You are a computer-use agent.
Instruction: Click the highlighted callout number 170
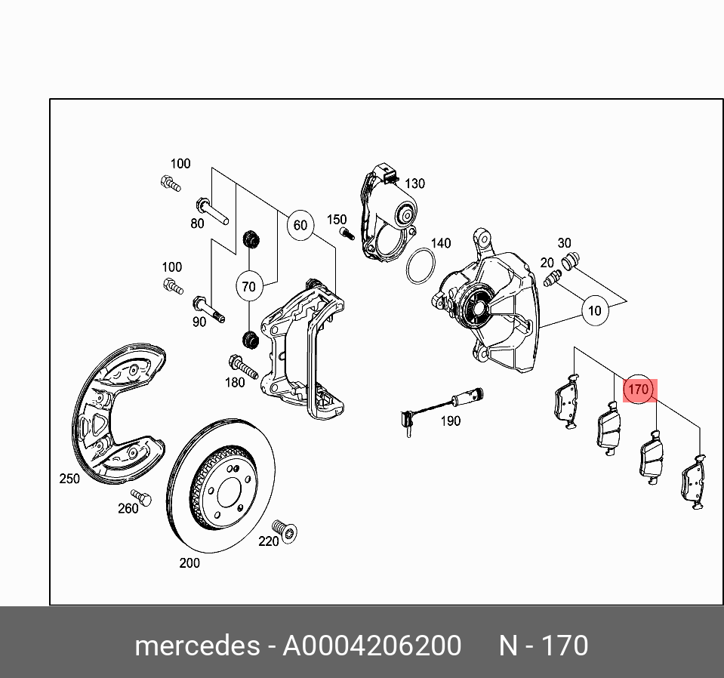tap(638, 390)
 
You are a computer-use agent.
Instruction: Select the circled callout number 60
tap(300, 225)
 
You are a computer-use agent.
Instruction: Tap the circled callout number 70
tap(249, 286)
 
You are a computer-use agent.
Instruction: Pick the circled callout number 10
tap(595, 310)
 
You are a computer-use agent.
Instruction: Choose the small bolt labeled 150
tap(347, 233)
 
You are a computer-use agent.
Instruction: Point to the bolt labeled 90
tap(208, 308)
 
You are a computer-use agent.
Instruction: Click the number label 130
tap(415, 183)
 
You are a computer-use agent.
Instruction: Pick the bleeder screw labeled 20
tap(552, 279)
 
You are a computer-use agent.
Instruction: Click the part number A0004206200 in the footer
tap(371, 646)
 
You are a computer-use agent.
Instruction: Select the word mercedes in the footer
tap(195, 646)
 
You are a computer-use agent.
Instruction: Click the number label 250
tap(69, 479)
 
